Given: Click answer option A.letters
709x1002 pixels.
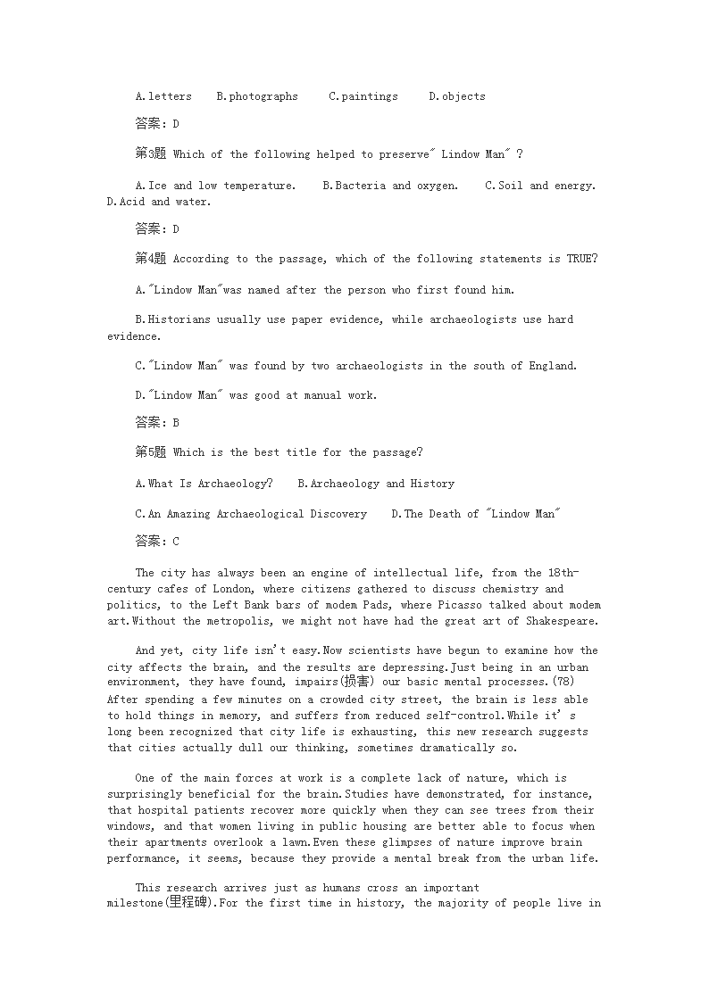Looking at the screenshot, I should coord(163,96).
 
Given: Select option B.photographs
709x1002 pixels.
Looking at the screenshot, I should coord(257,96).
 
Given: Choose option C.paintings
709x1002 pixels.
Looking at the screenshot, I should coord(363,96).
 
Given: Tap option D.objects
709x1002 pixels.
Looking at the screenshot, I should coord(457,96).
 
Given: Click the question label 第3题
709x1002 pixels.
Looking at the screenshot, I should coord(150,154).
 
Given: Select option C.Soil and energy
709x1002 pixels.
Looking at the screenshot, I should coord(540,186).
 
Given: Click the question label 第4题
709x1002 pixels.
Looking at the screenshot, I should coord(150,259).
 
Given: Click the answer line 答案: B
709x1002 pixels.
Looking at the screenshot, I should coord(157,422).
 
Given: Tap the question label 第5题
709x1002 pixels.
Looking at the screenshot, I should coord(150,452).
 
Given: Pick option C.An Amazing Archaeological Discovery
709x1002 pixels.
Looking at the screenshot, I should coord(251,514).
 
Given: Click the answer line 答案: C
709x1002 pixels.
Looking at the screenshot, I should coord(157,541).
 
